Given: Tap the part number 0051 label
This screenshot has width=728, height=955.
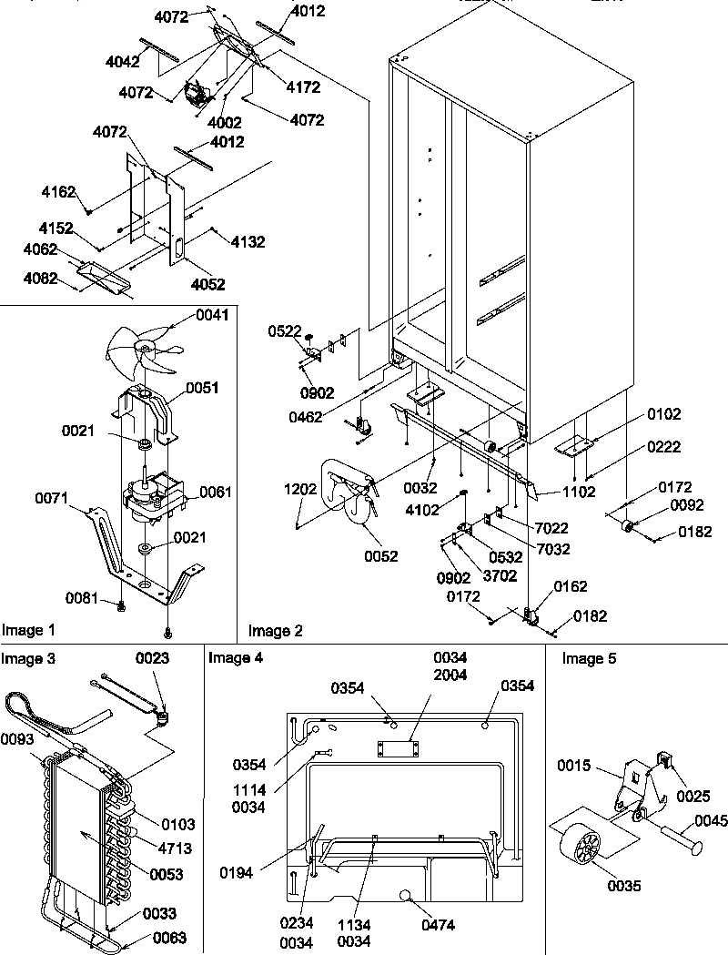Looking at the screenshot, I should click(201, 388).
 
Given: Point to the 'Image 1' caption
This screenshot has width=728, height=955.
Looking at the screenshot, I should click(28, 630).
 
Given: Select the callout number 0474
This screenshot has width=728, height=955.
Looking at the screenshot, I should click(437, 925).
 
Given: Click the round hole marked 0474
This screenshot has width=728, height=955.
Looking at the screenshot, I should click(406, 897).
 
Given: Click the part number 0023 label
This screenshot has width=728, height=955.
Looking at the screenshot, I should click(152, 658).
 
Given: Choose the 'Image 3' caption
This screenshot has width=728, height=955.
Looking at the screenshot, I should click(28, 658).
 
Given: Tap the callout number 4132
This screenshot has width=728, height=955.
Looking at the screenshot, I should click(248, 242).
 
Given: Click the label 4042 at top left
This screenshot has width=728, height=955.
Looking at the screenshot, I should click(122, 61).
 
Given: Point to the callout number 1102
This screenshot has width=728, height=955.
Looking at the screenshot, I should click(579, 493).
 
